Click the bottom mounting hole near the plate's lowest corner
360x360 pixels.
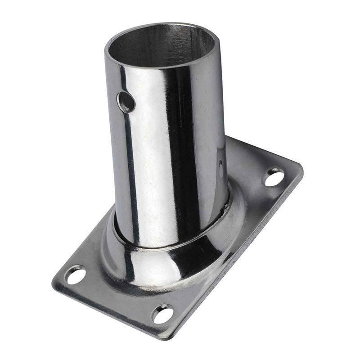click(163, 312)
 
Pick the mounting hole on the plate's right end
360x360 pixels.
click(273, 177)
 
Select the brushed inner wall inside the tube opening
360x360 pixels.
click(180, 43)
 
